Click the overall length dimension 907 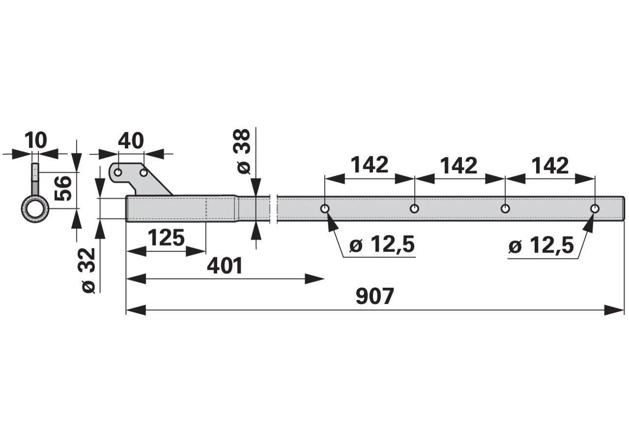374,296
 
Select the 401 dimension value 225,266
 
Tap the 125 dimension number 166,237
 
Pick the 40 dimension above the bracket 131,140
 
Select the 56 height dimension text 62,188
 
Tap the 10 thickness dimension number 36,140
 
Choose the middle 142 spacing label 459,166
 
